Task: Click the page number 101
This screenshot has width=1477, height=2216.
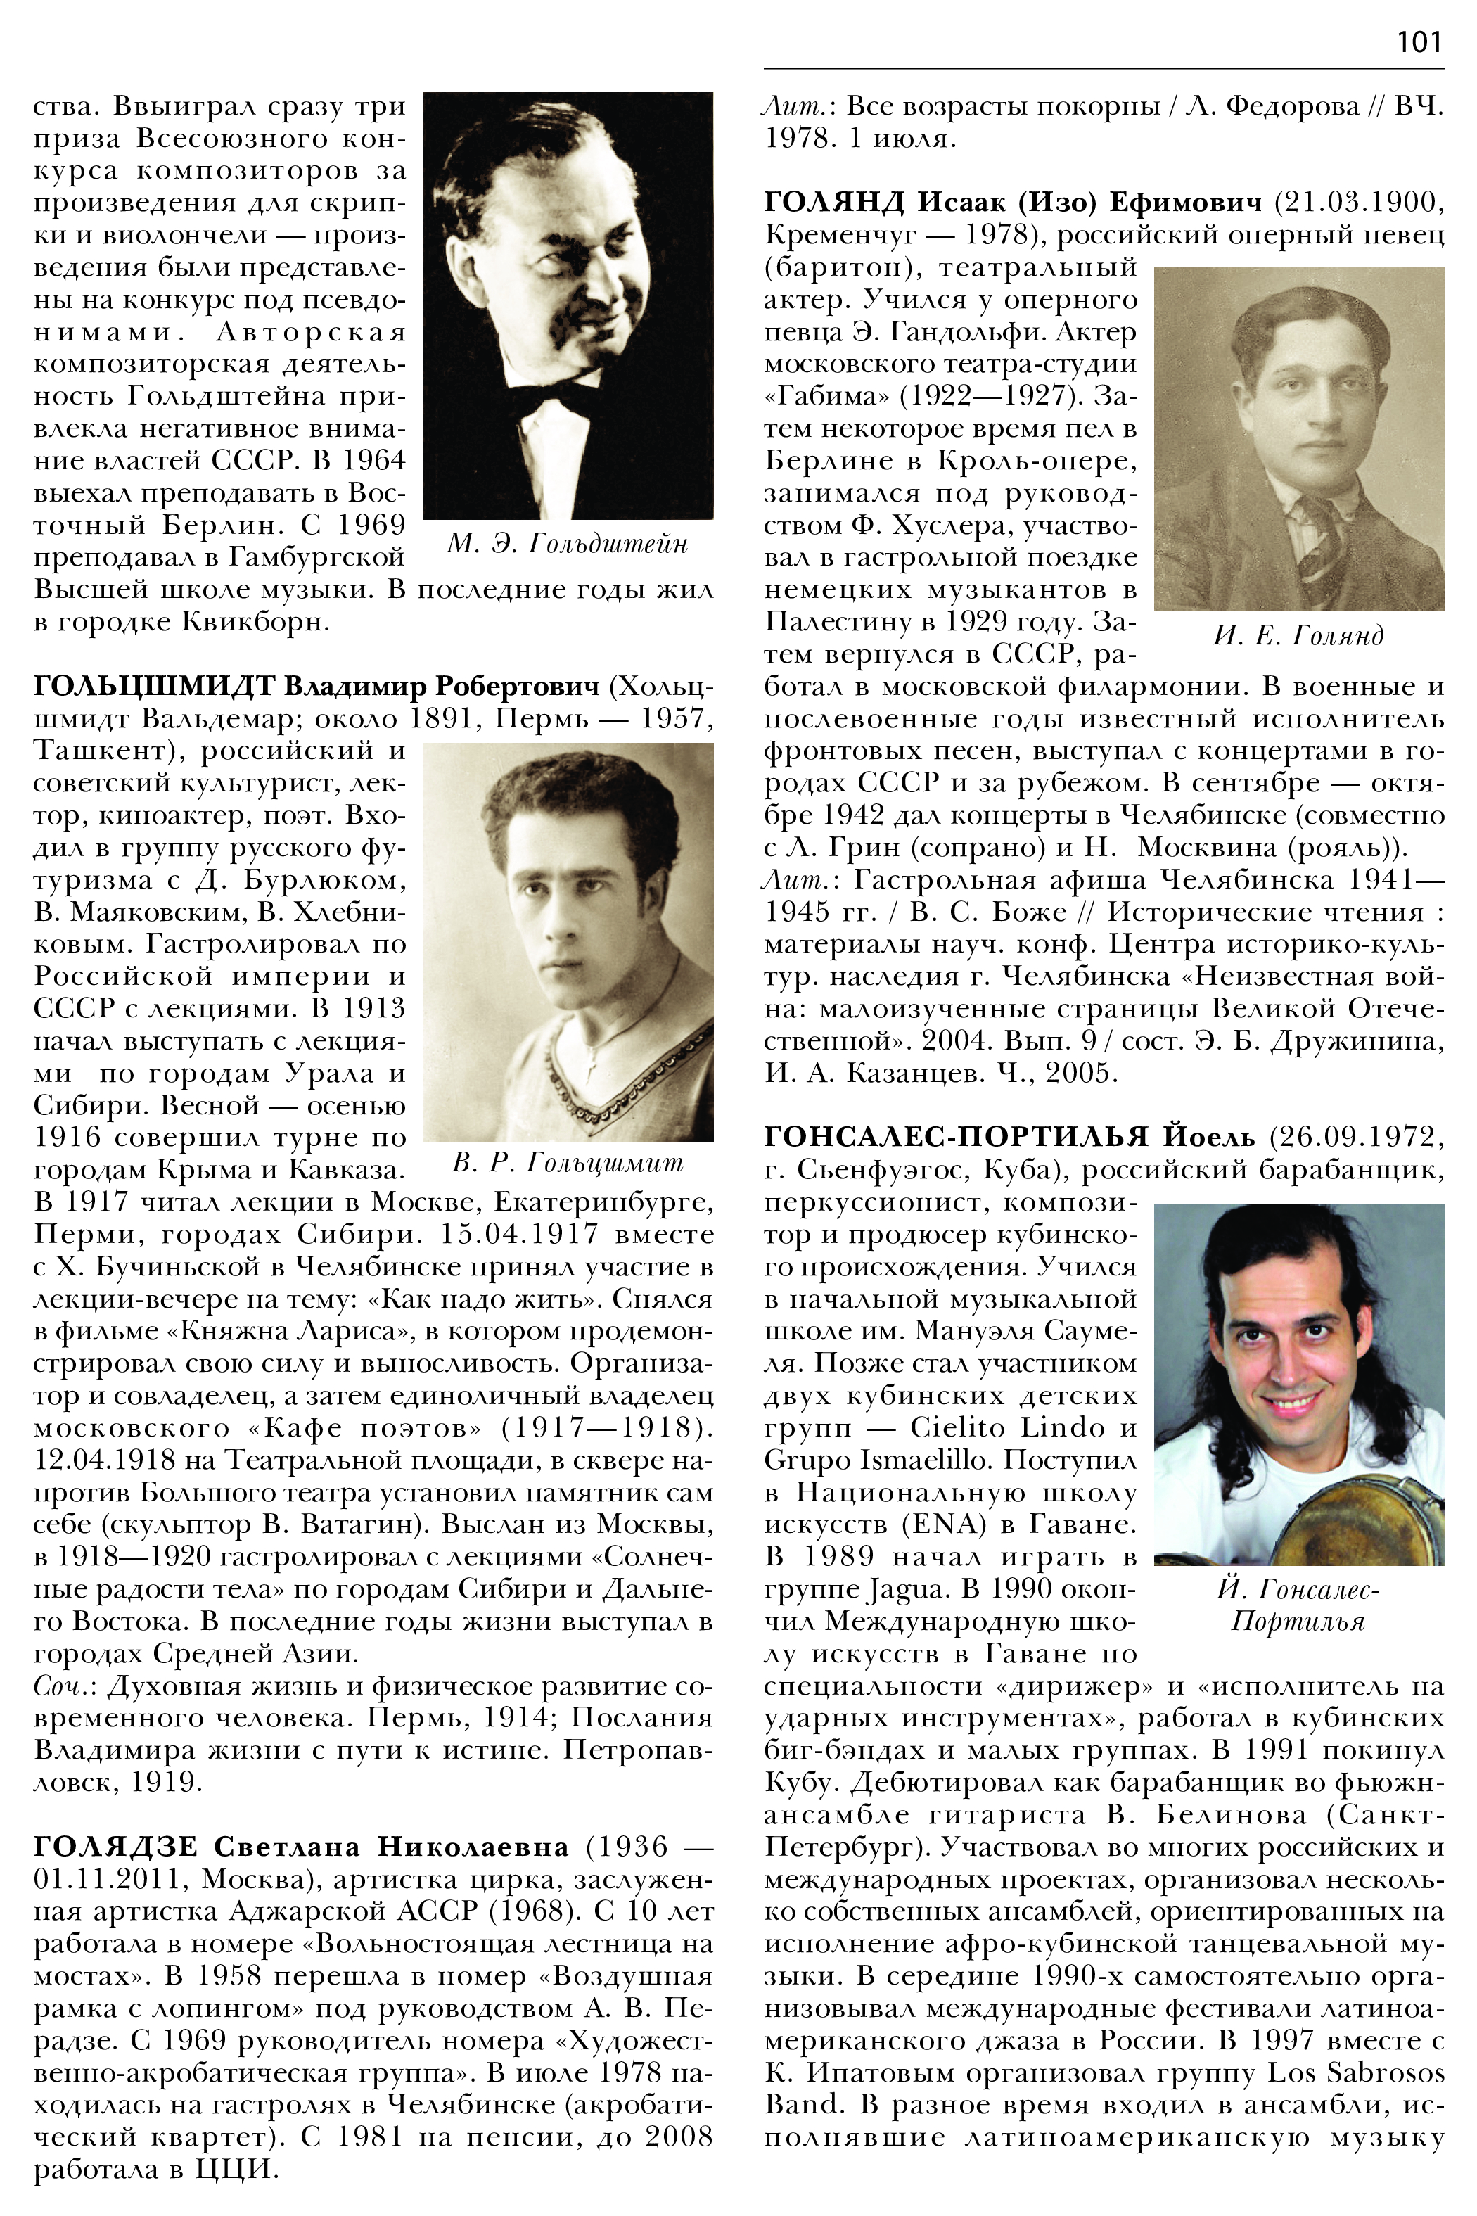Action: pos(1419,42)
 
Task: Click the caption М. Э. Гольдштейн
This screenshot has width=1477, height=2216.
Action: pos(567,544)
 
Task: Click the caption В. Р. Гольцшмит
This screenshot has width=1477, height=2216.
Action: pos(567,1164)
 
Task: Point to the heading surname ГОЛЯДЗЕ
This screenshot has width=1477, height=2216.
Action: pos(116,1846)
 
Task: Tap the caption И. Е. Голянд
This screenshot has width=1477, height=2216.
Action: pos(1299,636)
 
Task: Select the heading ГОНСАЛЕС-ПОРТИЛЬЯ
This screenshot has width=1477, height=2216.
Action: pos(956,1138)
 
